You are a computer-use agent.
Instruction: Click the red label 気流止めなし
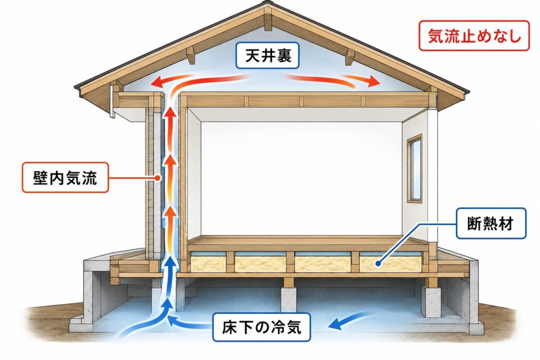tap(474, 36)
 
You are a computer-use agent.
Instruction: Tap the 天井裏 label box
tap(267, 55)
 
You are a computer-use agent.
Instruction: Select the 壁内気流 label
tap(65, 178)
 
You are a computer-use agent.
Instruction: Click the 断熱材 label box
tap(491, 223)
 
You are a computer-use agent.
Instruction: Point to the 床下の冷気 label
tap(262, 327)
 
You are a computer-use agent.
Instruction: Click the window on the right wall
tap(414, 168)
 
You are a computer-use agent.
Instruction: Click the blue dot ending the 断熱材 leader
tap(378, 264)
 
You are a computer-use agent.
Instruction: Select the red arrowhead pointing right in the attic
tap(374, 81)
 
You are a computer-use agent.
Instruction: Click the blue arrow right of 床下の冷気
tap(350, 320)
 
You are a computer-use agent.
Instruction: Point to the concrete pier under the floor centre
tap(288, 299)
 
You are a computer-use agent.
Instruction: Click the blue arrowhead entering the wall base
tap(170, 264)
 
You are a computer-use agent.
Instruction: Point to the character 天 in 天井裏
tap(252, 55)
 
